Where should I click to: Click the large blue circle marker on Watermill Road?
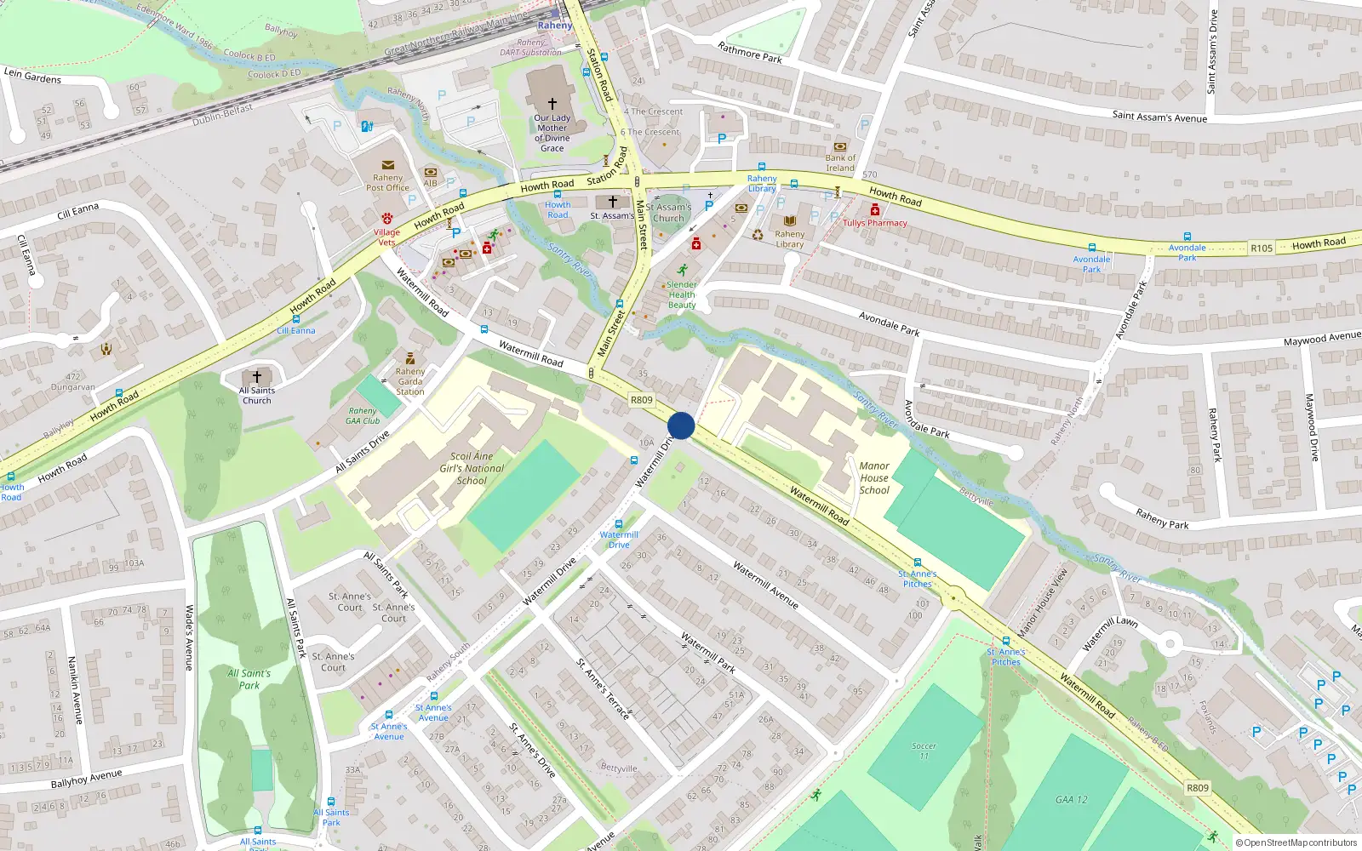(x=681, y=425)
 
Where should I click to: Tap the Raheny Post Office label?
(x=387, y=183)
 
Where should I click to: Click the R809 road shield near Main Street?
(x=642, y=400)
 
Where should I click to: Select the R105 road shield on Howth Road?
(x=1262, y=248)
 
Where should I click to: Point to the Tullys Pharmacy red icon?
(x=874, y=210)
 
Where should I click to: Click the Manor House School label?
(x=874, y=477)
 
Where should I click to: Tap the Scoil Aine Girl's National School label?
(x=472, y=468)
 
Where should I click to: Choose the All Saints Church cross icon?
(x=256, y=376)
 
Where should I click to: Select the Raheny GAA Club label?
(x=363, y=416)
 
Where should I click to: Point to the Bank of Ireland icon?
(x=840, y=146)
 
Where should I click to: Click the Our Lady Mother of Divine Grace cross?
(x=552, y=103)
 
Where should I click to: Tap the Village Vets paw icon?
(x=387, y=219)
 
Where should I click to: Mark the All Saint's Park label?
(x=249, y=679)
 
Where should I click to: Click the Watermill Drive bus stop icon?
(x=619, y=524)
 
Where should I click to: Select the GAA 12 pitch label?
(x=1071, y=800)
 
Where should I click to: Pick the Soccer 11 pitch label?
(x=924, y=751)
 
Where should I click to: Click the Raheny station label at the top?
(x=555, y=26)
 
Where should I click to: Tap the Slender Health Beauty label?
(x=682, y=294)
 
